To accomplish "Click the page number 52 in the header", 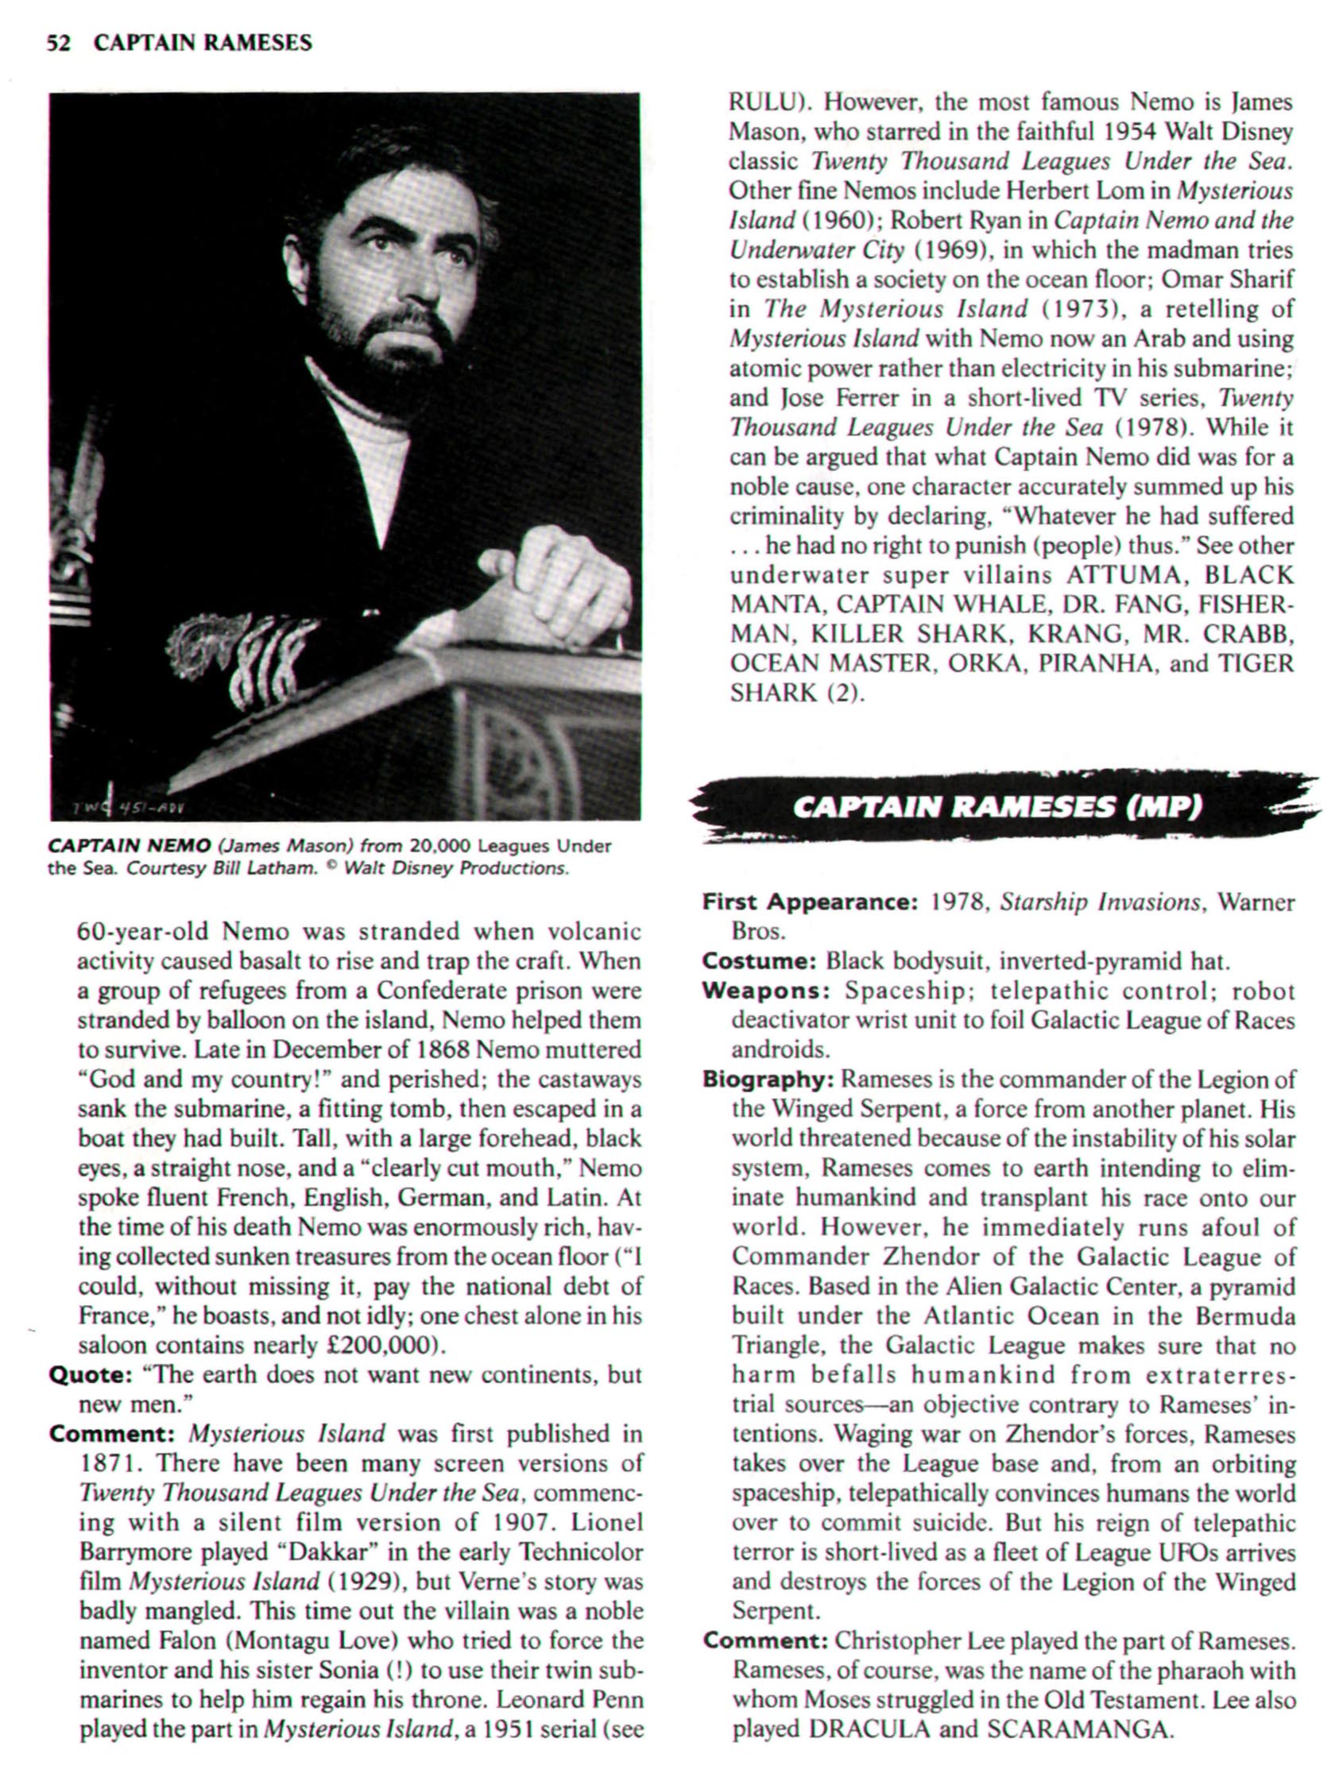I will [x=58, y=43].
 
